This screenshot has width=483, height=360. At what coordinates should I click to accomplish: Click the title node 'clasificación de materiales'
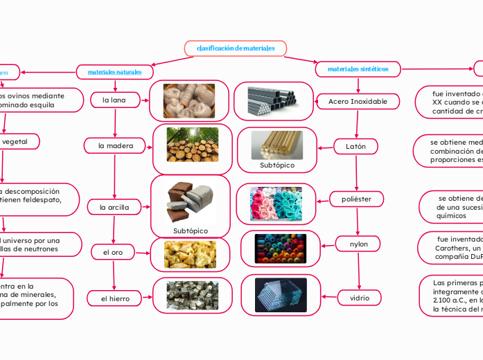236,48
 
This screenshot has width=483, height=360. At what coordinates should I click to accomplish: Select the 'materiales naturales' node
114,71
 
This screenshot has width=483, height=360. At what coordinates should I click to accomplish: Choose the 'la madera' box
116,145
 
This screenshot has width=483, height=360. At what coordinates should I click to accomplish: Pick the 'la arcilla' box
114,206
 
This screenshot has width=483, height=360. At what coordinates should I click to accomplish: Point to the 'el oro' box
113,253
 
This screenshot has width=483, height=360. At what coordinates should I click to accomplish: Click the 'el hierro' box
116,298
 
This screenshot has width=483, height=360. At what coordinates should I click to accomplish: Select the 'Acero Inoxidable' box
358,102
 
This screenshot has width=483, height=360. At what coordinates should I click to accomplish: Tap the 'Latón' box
356,146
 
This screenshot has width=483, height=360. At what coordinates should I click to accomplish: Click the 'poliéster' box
356,199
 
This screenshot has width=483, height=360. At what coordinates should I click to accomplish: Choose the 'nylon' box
359,244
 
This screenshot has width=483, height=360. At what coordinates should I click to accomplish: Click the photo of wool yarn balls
189,100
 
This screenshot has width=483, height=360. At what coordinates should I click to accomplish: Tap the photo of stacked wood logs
192,144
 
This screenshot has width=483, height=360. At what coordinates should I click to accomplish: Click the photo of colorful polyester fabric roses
276,204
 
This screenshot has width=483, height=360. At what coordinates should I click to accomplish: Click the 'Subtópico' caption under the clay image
191,231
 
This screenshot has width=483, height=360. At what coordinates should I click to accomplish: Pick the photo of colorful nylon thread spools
276,249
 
